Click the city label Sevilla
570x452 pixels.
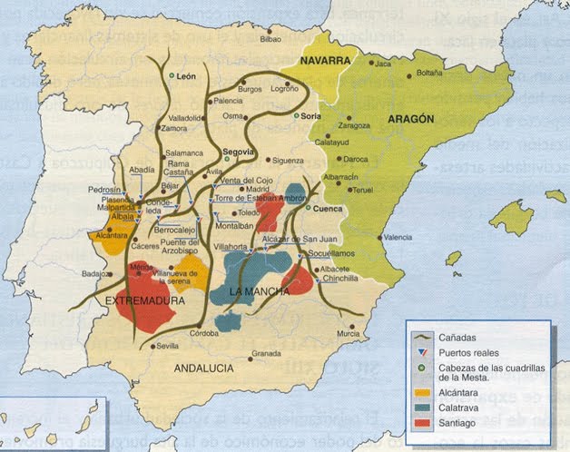tap(167, 346)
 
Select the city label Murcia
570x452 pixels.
tap(349, 334)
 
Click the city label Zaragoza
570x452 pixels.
tap(354, 125)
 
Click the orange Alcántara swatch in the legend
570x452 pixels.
tap(420, 393)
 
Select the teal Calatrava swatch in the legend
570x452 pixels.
tap(420, 408)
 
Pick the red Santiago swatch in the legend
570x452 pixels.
tap(420, 424)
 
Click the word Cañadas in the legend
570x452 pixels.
tap(458, 339)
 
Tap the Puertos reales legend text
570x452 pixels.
tap(470, 353)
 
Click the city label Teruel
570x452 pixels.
tap(362, 190)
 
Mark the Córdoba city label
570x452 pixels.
tap(204, 333)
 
